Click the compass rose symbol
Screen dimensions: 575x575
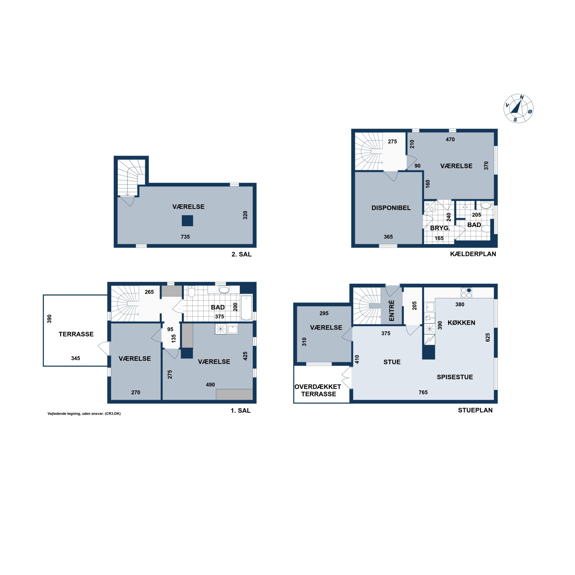pos(518,108)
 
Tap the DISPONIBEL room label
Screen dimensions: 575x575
pos(391,208)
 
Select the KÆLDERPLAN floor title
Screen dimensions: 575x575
pos(473,254)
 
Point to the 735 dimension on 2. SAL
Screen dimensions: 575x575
pos(185,237)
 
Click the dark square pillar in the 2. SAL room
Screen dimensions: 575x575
pos(187,221)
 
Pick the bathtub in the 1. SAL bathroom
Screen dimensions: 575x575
pos(246,307)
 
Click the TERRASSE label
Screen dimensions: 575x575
pos(76,334)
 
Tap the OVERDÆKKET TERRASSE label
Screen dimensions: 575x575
pos(318,390)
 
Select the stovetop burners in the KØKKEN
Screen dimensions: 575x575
pos(467,293)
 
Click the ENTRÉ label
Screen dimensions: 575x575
pos(392,310)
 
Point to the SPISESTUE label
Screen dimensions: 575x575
pos(455,377)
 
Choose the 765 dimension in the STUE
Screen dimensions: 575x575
pos(423,392)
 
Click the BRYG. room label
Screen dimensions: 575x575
pos(440,228)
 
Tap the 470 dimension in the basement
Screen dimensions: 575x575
pos(450,139)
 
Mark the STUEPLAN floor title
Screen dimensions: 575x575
pos(475,410)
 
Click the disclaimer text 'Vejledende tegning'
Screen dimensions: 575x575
pos(64,414)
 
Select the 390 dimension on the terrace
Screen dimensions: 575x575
pos(49,319)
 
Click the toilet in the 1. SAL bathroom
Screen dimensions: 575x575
pos(192,292)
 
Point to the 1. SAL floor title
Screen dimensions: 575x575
pos(241,411)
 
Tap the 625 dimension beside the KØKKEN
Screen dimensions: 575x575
pos(488,337)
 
